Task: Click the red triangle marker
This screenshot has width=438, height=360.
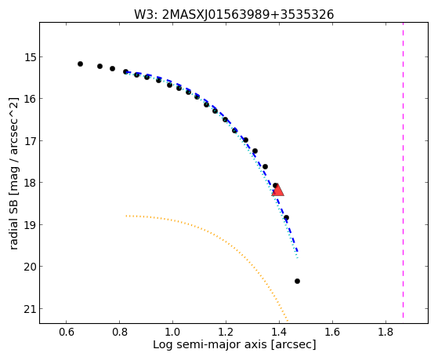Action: coord(277,191)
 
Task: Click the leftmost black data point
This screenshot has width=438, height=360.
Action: coord(80,64)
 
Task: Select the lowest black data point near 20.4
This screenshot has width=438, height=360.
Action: coord(297,281)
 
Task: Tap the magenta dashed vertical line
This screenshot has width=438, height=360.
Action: coord(403,170)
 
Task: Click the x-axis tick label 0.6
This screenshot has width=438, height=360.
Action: coord(66,332)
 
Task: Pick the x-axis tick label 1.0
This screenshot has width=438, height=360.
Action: coord(172,332)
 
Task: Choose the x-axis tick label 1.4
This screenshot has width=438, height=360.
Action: coord(279,332)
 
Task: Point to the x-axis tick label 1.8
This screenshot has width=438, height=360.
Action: coord(386,332)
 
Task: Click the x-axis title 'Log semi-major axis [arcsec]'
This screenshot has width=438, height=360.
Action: coord(234,345)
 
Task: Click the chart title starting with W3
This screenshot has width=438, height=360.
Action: coord(234,14)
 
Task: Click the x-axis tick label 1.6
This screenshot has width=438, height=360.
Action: coord(332,332)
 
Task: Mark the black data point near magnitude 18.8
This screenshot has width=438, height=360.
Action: coord(286,217)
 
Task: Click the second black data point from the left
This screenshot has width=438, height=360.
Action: coord(100,67)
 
